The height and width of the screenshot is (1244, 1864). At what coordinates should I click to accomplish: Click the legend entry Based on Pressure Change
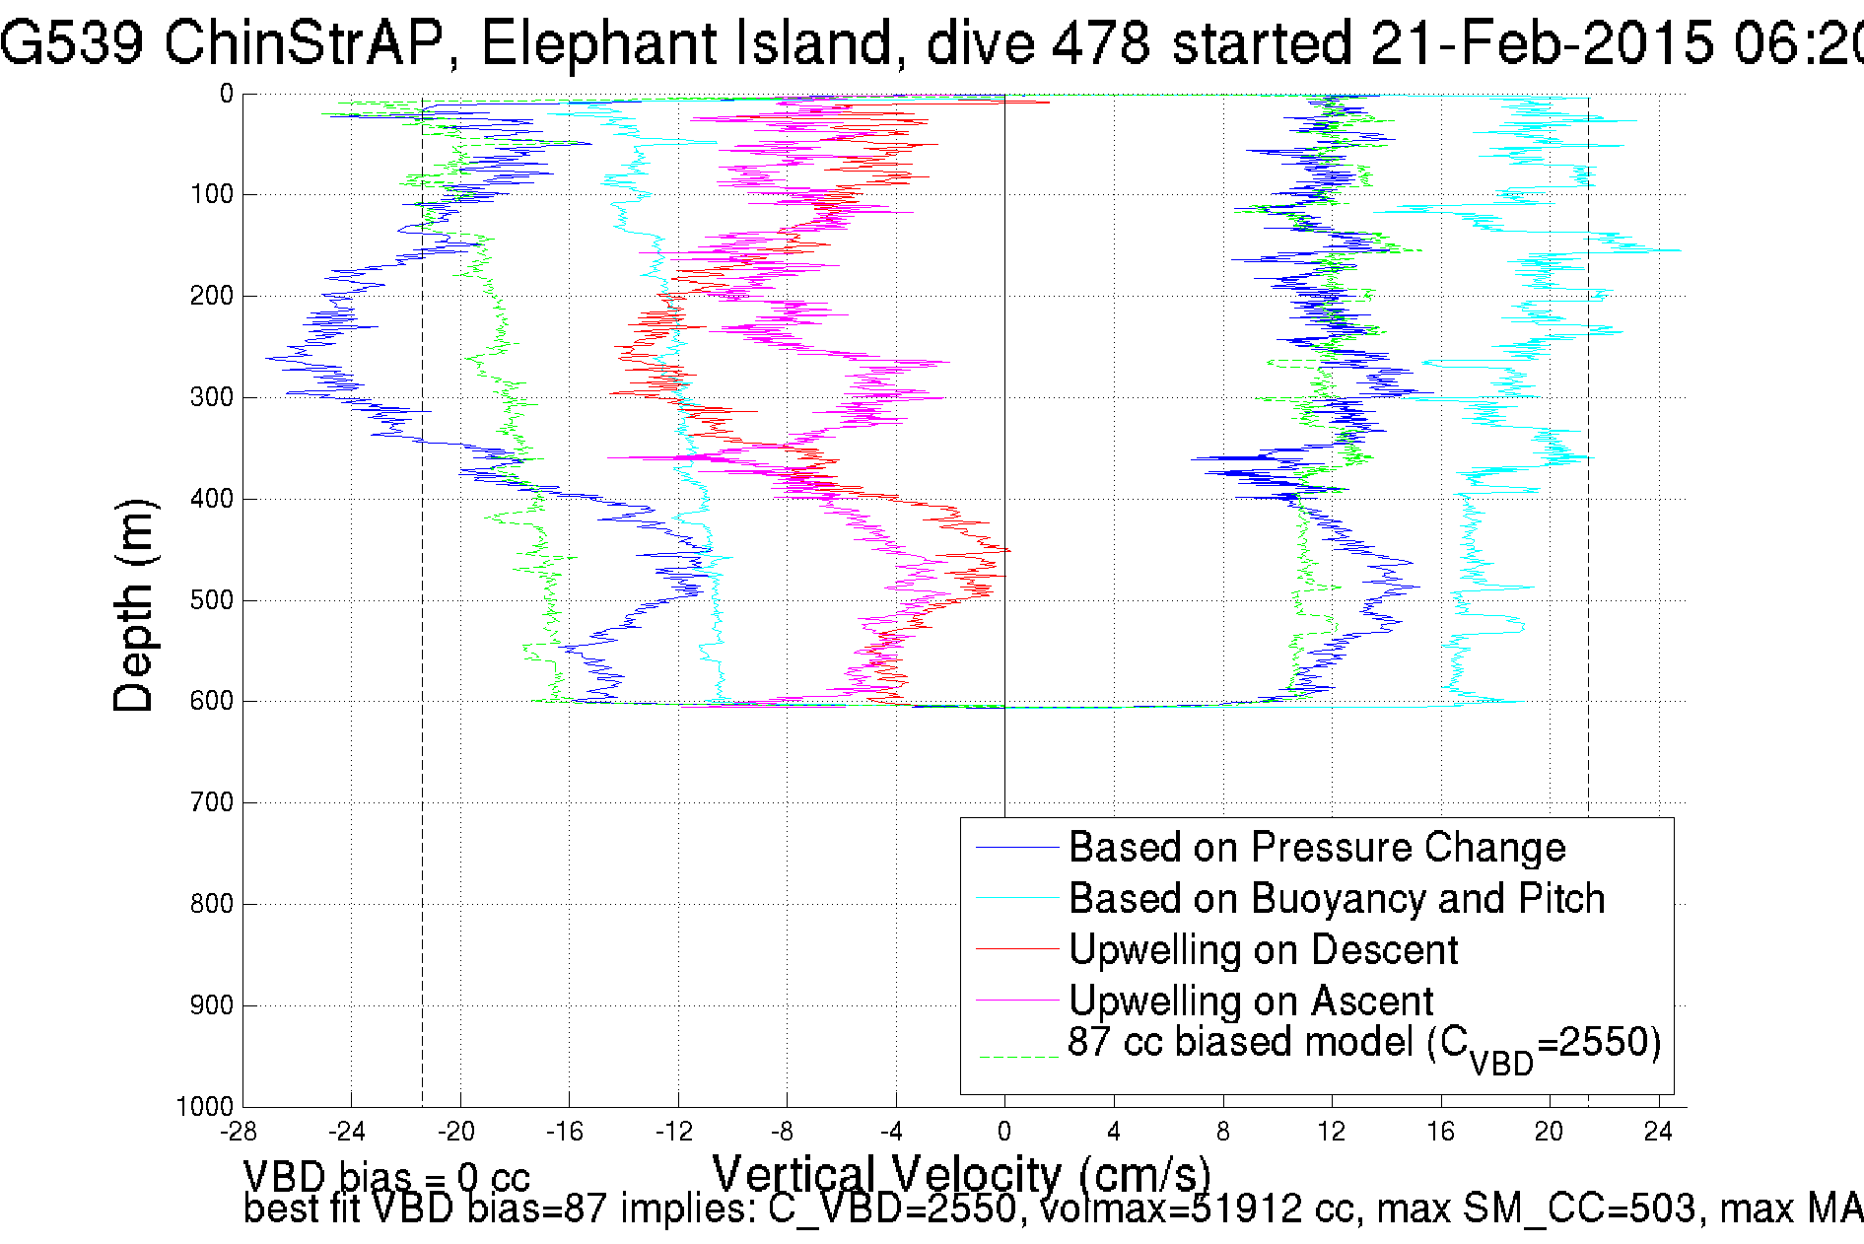pyautogui.click(x=1316, y=848)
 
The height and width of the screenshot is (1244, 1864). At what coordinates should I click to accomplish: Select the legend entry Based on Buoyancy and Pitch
pyautogui.click(x=1336, y=899)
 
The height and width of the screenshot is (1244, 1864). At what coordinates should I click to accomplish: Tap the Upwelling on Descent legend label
pyautogui.click(x=1263, y=950)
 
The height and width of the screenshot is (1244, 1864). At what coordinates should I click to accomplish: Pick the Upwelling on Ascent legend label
pyautogui.click(x=1250, y=1002)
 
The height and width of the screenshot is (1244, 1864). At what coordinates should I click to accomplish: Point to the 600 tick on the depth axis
pyautogui.click(x=211, y=701)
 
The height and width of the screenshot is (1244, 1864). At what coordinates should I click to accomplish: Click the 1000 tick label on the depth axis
pyautogui.click(x=205, y=1107)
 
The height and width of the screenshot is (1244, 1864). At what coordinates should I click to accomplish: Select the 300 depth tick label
pyautogui.click(x=211, y=397)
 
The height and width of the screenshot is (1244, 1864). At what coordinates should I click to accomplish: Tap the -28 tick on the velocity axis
pyautogui.click(x=239, y=1132)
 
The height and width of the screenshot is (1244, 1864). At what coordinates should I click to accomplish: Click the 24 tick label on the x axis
pyautogui.click(x=1658, y=1132)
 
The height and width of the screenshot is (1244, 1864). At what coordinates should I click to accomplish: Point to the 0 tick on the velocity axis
pyautogui.click(x=1004, y=1132)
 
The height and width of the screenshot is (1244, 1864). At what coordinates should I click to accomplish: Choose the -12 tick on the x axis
pyautogui.click(x=674, y=1132)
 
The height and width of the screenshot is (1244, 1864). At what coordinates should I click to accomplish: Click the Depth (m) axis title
pyautogui.click(x=134, y=605)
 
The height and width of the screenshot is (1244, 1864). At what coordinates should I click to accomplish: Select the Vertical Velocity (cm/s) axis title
pyautogui.click(x=961, y=1174)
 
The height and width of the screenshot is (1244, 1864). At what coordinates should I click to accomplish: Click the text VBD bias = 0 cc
pyautogui.click(x=386, y=1177)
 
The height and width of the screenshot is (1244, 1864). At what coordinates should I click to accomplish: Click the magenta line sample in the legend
pyautogui.click(x=1016, y=1002)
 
